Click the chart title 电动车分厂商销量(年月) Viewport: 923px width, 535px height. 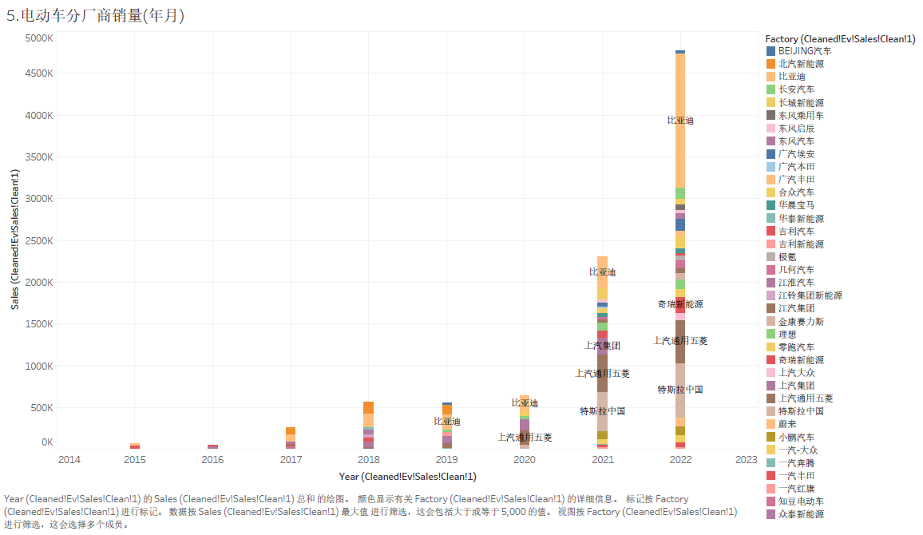(95, 15)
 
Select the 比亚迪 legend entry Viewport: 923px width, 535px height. (791, 77)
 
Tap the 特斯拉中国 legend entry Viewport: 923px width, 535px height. (800, 411)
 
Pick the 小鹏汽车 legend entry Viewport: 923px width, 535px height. (796, 437)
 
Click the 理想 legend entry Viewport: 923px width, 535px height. (786, 334)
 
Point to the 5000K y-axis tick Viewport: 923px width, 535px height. (38, 38)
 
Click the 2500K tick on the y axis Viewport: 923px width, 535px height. (38, 240)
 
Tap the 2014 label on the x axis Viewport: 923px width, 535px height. (69, 459)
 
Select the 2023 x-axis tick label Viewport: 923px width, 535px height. (746, 459)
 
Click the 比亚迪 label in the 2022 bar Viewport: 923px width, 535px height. (680, 121)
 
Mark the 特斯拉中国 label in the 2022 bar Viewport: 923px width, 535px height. (680, 390)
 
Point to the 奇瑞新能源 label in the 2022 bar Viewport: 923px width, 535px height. (680, 305)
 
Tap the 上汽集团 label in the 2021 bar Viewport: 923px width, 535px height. (602, 346)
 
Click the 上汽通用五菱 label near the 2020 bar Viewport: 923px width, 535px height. (525, 438)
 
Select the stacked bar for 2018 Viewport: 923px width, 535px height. (368, 426)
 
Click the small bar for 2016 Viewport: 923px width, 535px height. (212, 446)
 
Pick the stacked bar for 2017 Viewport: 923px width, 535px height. (291, 438)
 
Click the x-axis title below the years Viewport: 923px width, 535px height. (407, 477)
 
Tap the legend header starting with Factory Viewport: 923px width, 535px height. (839, 38)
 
